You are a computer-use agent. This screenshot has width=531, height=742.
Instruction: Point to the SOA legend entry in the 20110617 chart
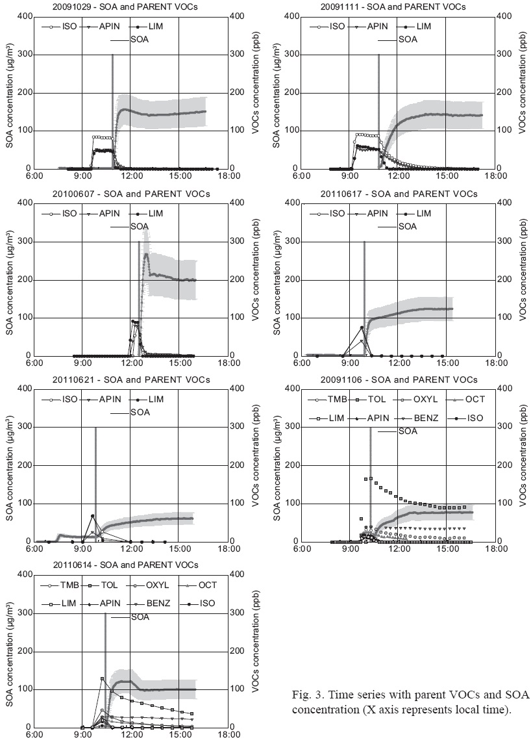407,227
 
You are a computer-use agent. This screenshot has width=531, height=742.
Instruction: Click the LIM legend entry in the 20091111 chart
423,27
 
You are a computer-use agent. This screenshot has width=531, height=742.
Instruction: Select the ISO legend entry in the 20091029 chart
70,27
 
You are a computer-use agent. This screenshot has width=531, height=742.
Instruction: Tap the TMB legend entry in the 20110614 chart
69,585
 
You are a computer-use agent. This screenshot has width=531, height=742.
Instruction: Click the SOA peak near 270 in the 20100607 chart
147,255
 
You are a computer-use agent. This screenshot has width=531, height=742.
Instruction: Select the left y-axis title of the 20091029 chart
10,92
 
